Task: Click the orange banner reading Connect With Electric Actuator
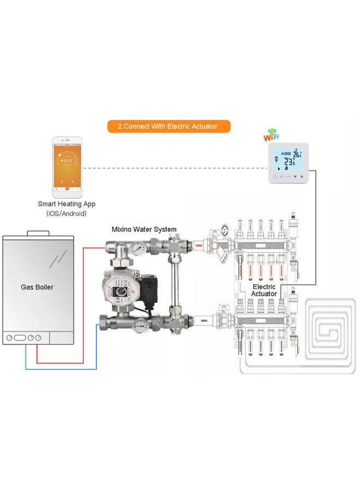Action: click(168, 126)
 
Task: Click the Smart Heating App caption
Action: click(67, 204)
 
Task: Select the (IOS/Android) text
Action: click(67, 214)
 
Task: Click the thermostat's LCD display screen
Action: click(289, 159)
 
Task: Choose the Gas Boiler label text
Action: click(37, 286)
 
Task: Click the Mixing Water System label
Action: click(144, 229)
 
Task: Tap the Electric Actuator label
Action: click(264, 290)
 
